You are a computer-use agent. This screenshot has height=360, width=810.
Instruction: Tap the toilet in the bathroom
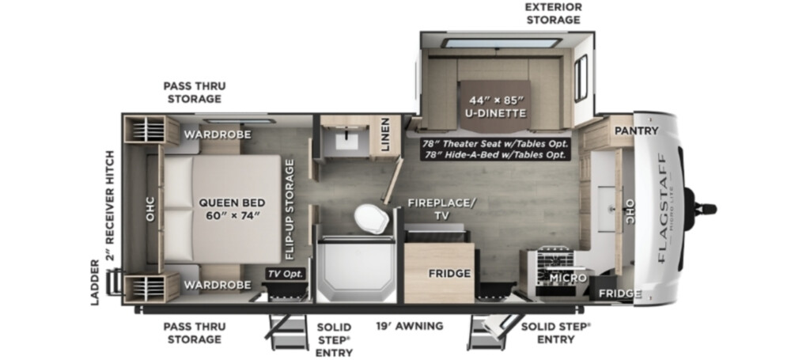click(x=372, y=219)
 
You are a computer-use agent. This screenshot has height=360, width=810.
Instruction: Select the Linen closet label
click(x=386, y=138)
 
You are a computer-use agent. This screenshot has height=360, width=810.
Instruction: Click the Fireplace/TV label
click(x=441, y=209)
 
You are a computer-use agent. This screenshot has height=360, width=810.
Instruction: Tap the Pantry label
click(x=636, y=131)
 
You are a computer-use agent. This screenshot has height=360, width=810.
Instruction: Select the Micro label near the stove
click(x=568, y=278)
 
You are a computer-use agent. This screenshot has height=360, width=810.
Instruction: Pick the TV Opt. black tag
click(x=286, y=274)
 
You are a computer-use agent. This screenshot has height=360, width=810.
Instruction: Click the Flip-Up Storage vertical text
click(x=290, y=209)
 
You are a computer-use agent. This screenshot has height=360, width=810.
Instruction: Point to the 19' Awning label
click(x=409, y=326)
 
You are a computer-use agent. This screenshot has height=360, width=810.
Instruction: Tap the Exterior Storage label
click(x=553, y=13)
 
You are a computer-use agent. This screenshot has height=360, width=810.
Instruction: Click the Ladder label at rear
click(x=96, y=282)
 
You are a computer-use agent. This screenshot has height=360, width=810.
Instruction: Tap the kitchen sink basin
click(x=606, y=209)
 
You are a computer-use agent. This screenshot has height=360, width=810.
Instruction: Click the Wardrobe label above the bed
click(x=218, y=135)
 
